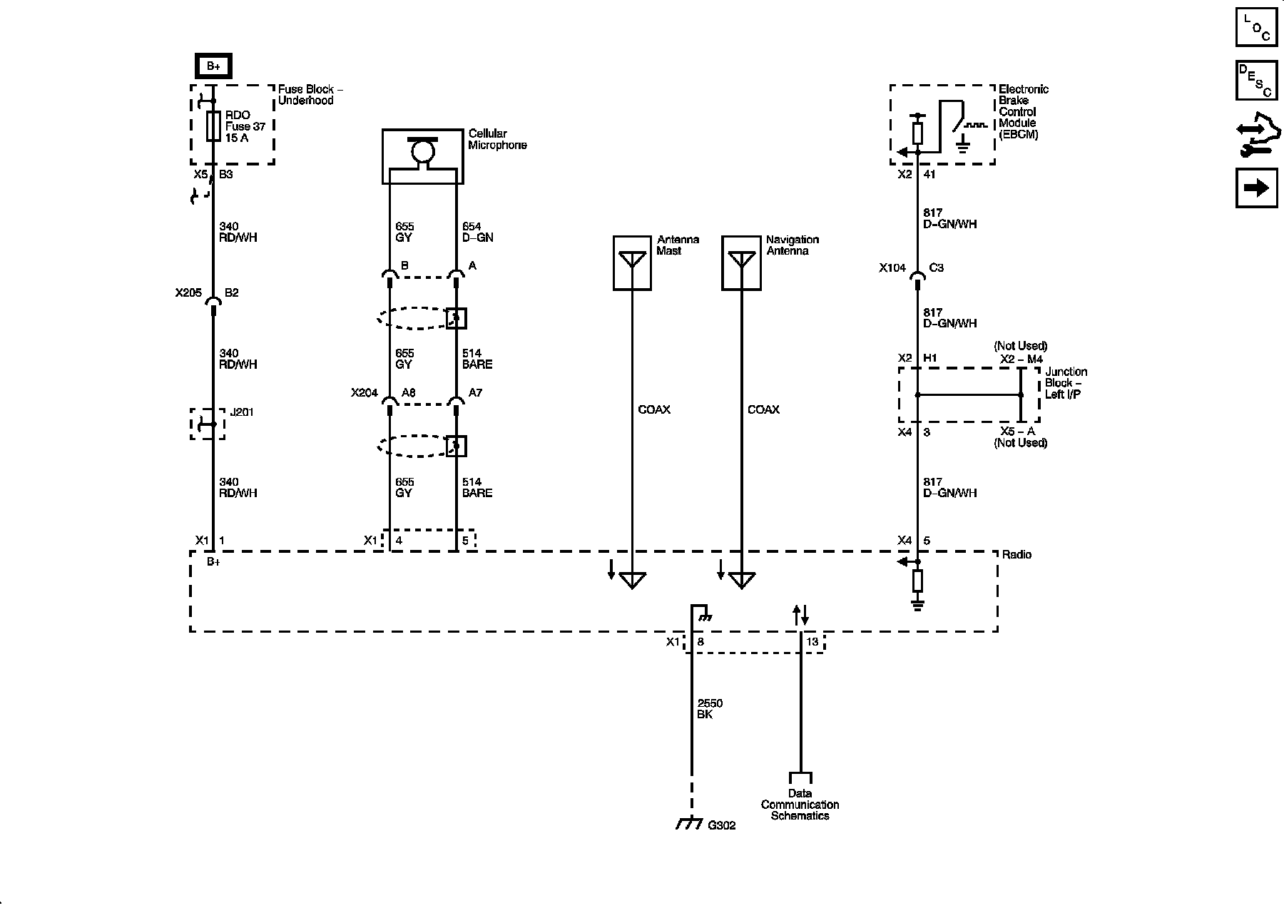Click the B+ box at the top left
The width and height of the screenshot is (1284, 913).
(x=213, y=66)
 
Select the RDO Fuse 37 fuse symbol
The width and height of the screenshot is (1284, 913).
(x=213, y=126)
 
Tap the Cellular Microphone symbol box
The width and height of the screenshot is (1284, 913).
(x=422, y=156)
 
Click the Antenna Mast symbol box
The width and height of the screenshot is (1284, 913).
(x=632, y=263)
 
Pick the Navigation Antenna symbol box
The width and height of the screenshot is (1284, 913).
(x=741, y=263)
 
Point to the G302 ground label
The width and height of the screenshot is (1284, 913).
(x=721, y=825)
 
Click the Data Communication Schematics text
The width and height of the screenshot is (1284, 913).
(x=800, y=805)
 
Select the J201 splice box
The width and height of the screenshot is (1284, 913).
(x=208, y=424)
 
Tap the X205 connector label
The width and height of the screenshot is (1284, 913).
(x=188, y=292)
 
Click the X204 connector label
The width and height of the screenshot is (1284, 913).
(x=365, y=392)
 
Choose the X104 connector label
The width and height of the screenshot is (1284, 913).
(x=892, y=268)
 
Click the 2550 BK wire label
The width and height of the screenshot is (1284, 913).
(x=710, y=709)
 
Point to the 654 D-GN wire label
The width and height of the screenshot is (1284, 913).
(x=478, y=232)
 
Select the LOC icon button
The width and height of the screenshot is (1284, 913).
(x=1256, y=27)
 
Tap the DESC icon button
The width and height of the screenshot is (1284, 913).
(x=1256, y=81)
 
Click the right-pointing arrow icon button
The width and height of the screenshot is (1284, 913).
(x=1256, y=188)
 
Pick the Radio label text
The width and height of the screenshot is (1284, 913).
(x=1017, y=555)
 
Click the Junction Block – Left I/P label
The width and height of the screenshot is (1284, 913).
(x=1066, y=383)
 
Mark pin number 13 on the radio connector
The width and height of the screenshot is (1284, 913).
(x=812, y=642)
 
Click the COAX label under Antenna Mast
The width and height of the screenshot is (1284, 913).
(x=654, y=409)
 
